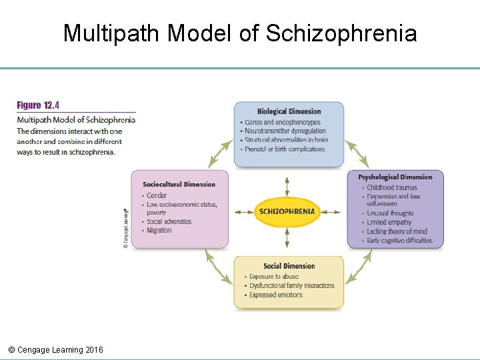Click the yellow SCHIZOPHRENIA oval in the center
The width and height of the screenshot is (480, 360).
tap(287, 212)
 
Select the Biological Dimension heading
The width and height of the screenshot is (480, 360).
tap(289, 111)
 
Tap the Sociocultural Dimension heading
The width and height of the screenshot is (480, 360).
tap(179, 184)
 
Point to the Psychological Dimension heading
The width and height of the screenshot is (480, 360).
tap(395, 177)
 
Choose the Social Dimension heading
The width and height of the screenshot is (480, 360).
tap(289, 266)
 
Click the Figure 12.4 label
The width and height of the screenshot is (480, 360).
tap(38, 105)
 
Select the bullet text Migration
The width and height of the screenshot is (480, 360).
tap(159, 231)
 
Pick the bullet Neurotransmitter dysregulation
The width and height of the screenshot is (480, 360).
tap(285, 131)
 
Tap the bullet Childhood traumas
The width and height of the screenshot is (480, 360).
tap(392, 188)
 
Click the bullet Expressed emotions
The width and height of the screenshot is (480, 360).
tap(276, 295)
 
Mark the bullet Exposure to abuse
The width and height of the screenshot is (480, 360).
tap(274, 277)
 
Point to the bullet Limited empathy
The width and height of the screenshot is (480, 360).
tap(389, 223)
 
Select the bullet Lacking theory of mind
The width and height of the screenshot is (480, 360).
tap(397, 231)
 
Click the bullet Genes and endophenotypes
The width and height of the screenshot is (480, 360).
tap(283, 123)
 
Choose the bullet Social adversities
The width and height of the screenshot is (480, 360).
tap(169, 221)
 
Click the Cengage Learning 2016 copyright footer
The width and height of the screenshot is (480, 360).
tap(55, 350)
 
